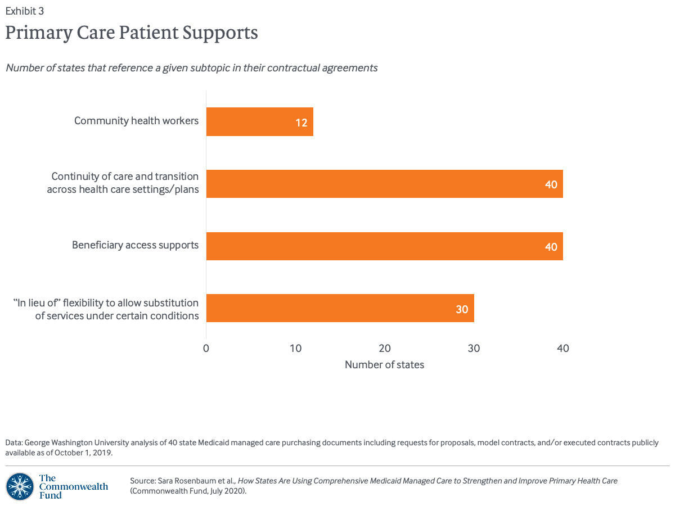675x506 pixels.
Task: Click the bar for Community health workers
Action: tap(259, 122)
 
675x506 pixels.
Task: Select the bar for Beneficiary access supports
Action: tap(384, 246)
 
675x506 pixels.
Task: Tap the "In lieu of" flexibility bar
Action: tap(340, 308)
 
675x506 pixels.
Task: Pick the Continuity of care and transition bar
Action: tap(384, 184)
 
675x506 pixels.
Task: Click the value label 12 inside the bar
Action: tap(301, 123)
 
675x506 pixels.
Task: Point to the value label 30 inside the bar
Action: tap(462, 309)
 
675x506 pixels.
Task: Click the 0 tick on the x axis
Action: tap(206, 348)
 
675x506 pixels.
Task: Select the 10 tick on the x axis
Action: tap(295, 348)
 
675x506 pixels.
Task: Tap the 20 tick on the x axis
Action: tap(385, 348)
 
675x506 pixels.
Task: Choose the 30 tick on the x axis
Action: tap(474, 348)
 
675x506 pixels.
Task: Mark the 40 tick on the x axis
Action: tap(562, 348)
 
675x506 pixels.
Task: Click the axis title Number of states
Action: tap(384, 365)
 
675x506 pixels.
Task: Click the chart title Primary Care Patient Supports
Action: tap(132, 33)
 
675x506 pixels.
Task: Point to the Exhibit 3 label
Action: tap(25, 10)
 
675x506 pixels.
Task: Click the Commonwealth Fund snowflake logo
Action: tap(20, 486)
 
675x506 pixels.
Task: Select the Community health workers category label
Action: tap(136, 120)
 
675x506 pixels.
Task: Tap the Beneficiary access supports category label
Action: tap(135, 245)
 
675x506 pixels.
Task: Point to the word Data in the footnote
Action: tap(13, 442)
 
